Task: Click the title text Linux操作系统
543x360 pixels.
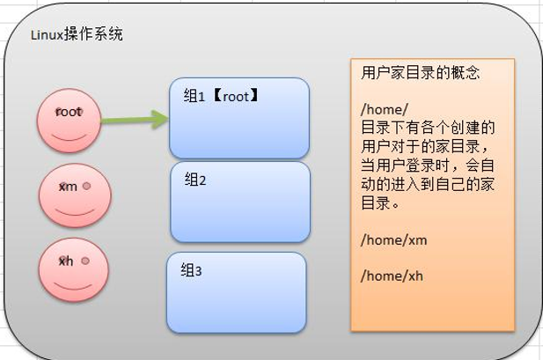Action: tap(77, 34)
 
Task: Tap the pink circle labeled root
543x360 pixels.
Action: tap(69, 121)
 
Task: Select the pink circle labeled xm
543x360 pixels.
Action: tap(75, 195)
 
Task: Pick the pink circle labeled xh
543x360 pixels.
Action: tap(73, 270)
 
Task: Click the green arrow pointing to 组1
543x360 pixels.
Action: tap(135, 120)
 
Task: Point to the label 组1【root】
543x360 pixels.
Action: tap(221, 96)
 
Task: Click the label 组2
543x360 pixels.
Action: tap(195, 180)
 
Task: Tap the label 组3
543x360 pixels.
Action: tap(191, 270)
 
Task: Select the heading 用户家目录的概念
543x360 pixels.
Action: tap(420, 73)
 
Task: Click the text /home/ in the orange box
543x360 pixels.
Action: tap(384, 109)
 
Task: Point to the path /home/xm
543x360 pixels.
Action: tap(393, 239)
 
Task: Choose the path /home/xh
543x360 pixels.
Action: tap(392, 276)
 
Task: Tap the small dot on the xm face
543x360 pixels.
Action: tap(86, 186)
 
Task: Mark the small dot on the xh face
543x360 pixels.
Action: tap(85, 261)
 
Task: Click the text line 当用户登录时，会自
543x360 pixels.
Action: tap(428, 165)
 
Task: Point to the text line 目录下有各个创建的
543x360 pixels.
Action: tap(428, 128)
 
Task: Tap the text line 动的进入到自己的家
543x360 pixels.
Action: tap(428, 184)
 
